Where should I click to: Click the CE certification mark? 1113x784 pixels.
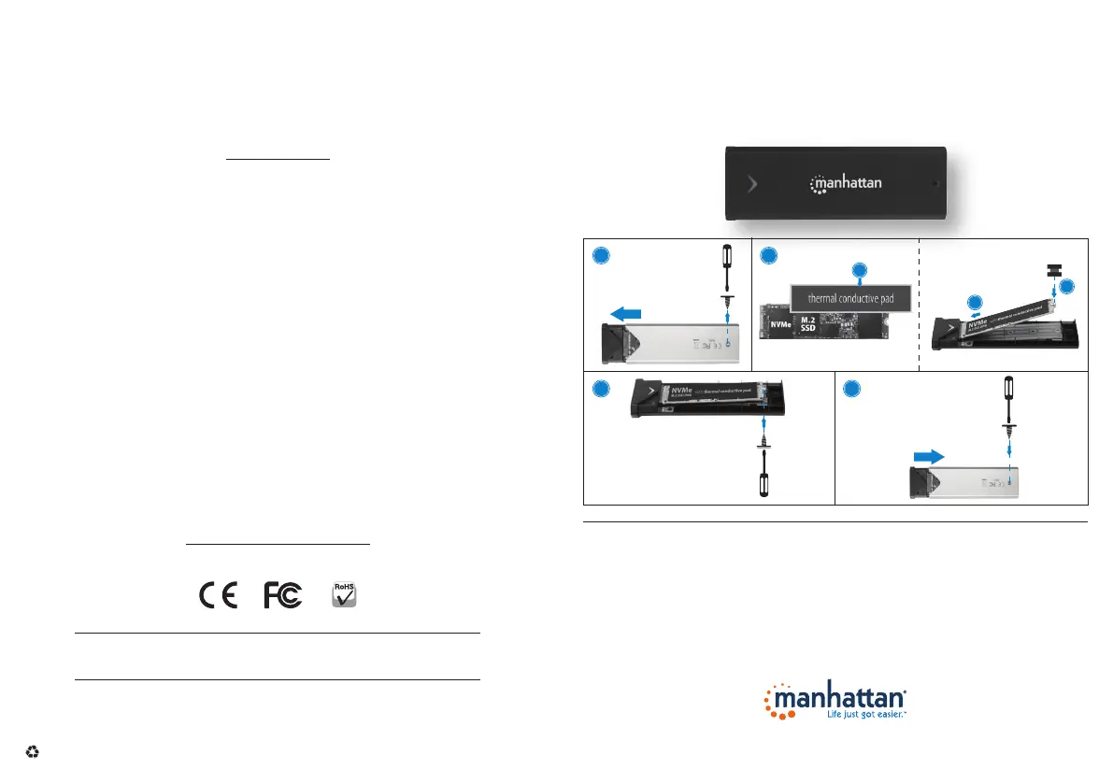point(218,596)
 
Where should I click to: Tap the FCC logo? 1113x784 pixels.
point(284,596)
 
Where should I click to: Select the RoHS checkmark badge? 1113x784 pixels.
point(346,595)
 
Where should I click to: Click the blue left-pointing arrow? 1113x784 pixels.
point(626,314)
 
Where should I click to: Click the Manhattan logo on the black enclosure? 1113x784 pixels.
point(845,181)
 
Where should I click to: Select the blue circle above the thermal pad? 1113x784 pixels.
point(860,271)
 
